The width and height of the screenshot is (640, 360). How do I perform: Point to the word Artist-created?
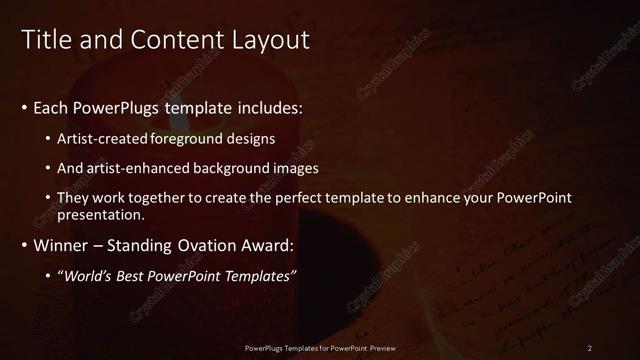[x=104, y=138]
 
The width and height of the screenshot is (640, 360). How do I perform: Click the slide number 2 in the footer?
[x=590, y=347]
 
